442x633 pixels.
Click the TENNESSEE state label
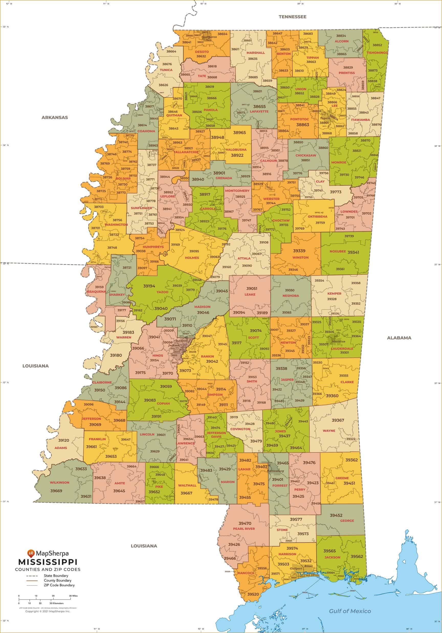pos(292,17)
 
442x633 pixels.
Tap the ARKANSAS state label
pos(55,118)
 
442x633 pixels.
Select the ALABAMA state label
pos(399,338)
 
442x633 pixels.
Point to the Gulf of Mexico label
pos(350,611)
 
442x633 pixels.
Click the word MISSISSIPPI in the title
pos(48,562)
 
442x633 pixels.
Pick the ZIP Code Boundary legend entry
pos(59,585)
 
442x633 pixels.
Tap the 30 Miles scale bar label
pos(73,596)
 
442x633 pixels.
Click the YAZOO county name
pos(162,292)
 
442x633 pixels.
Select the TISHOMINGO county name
pos(377,53)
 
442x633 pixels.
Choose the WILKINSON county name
pos(59,483)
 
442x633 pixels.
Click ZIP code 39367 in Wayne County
pos(338,420)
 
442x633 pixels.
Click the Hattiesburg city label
pos(275,471)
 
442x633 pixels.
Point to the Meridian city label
pos(338,341)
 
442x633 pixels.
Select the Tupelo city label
pos(325,118)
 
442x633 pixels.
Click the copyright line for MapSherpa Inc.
pos(48,612)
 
